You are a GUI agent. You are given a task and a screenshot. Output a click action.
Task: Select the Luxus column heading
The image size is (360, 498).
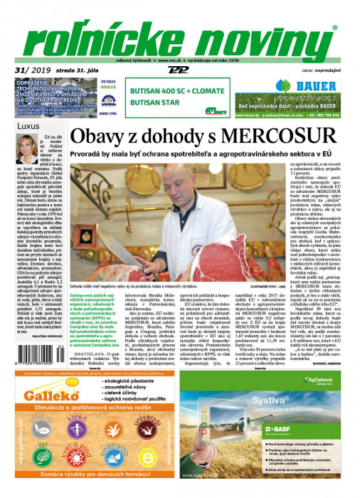pos(28,125)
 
